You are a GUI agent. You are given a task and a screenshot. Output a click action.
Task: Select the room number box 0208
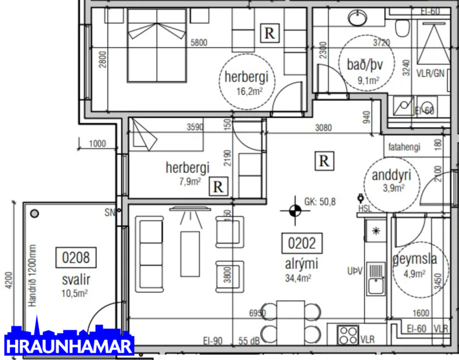[x=76, y=256]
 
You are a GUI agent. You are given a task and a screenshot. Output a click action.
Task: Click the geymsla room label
[x=414, y=259]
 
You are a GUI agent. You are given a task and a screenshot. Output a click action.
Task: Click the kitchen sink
[x=376, y=278]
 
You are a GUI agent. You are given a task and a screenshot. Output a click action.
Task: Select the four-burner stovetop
[x=348, y=334]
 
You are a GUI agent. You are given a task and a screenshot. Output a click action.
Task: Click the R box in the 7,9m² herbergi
[x=218, y=186]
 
